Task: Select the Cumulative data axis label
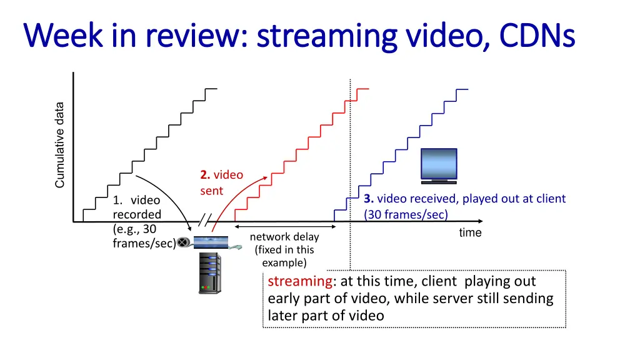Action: point(60,144)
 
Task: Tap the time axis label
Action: point(470,233)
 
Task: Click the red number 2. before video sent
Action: point(206,175)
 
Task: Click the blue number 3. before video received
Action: point(369,199)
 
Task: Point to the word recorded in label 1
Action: point(136,214)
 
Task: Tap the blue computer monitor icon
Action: point(438,166)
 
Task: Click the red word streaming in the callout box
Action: point(299,281)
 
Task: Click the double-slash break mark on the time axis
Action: point(205,221)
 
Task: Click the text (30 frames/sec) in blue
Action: point(406,214)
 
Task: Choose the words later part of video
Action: point(326,316)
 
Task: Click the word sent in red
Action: point(211,191)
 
